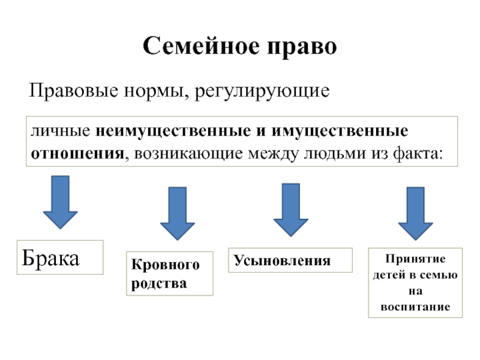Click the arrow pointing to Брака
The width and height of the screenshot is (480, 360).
pos(60,202)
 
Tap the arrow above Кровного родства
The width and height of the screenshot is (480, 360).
pos(177,213)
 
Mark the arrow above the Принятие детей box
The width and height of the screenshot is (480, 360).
pos(416,214)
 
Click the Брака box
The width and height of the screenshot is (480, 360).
pos(60,257)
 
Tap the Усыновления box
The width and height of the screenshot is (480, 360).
pos(281,261)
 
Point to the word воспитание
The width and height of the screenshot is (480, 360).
pos(415,306)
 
